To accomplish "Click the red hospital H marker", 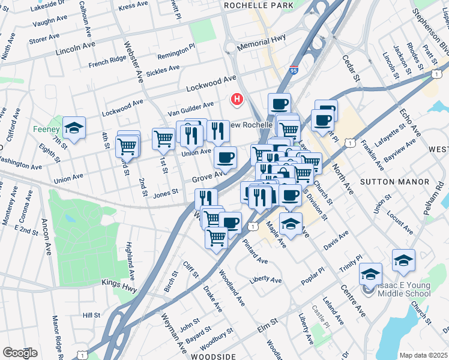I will click(x=237, y=99).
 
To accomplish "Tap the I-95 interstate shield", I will click(x=294, y=71).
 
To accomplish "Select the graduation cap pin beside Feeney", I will click(x=74, y=127).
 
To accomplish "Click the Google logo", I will click(x=20, y=352).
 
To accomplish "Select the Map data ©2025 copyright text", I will click(x=423, y=355).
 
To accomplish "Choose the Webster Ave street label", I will click(x=134, y=57).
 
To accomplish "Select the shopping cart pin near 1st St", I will click(x=163, y=138).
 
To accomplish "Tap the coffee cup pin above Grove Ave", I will click(x=225, y=157).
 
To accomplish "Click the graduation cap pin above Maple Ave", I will click(x=291, y=223).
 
